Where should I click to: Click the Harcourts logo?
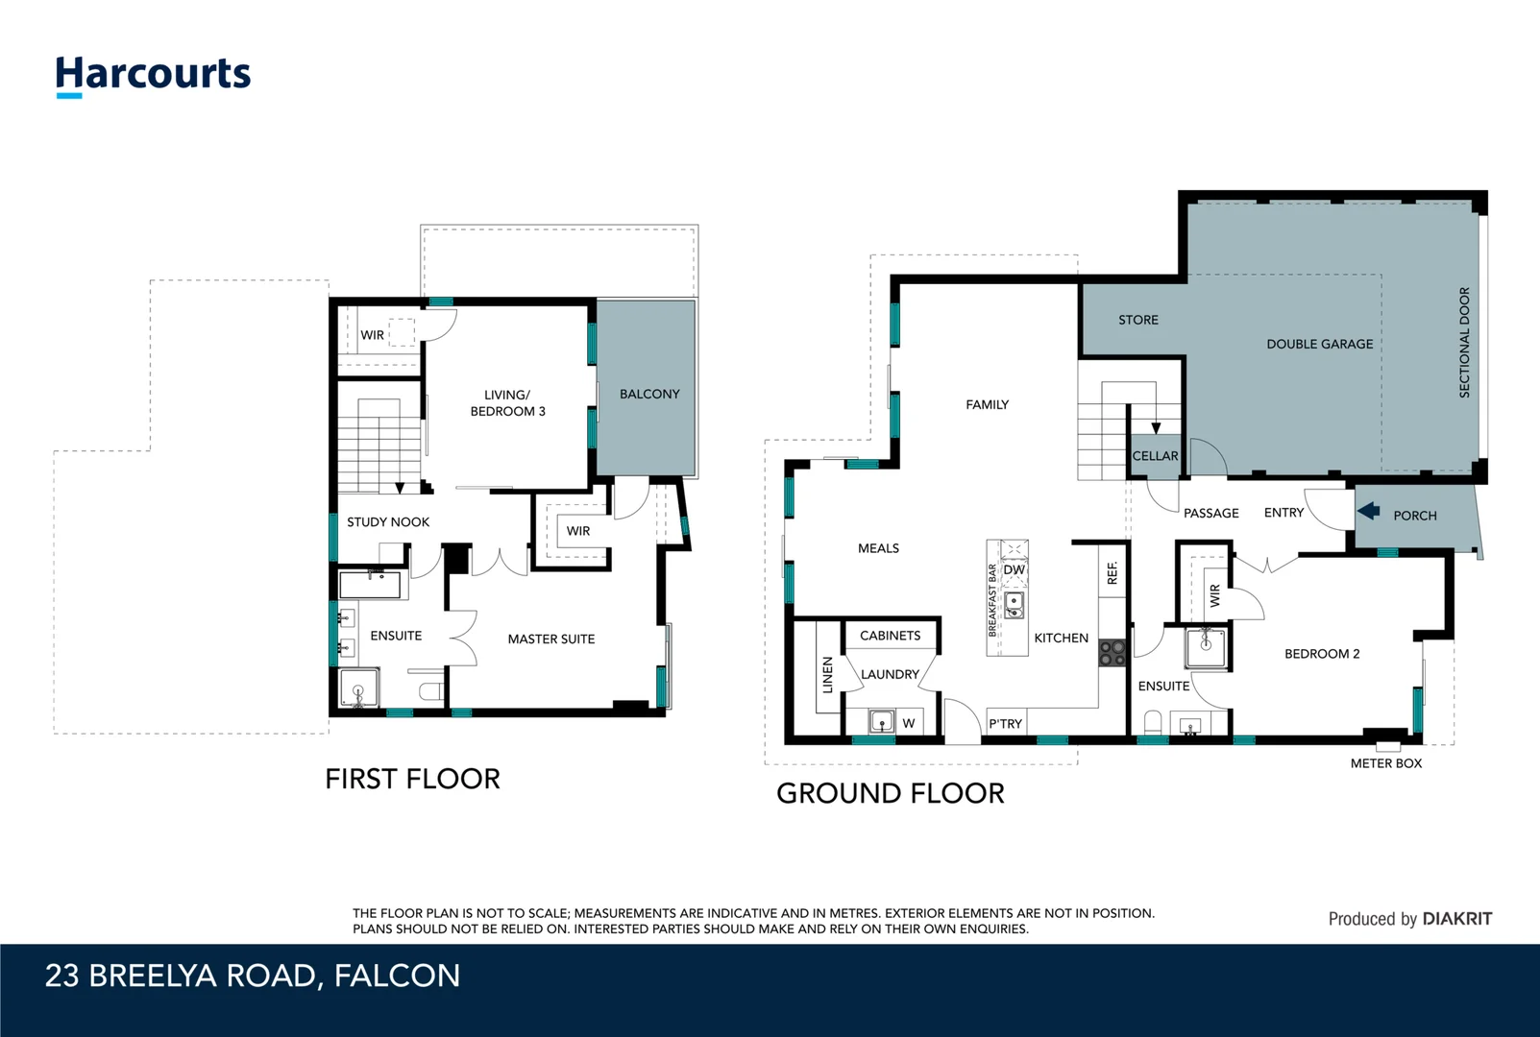pyautogui.click(x=153, y=75)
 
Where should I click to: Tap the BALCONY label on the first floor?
pyautogui.click(x=649, y=394)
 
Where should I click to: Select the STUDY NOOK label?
pyautogui.click(x=388, y=522)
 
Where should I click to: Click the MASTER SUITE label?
pyautogui.click(x=551, y=639)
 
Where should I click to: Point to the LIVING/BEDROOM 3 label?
pyautogui.click(x=507, y=403)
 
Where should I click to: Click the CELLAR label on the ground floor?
pyautogui.click(x=1155, y=456)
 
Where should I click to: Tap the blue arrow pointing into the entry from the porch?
pyautogui.click(x=1369, y=512)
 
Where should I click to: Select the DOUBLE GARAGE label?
pyautogui.click(x=1319, y=344)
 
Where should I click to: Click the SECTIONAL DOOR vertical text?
pyautogui.click(x=1464, y=342)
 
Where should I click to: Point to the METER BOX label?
pyautogui.click(x=1385, y=763)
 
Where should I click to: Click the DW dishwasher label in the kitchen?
pyautogui.click(x=1014, y=569)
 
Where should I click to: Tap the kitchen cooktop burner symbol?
pyautogui.click(x=1112, y=653)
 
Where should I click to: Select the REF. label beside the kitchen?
pyautogui.click(x=1112, y=573)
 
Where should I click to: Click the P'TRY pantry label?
pyautogui.click(x=1006, y=724)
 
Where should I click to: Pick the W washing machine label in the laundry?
pyautogui.click(x=908, y=723)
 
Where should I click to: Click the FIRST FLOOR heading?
pyautogui.click(x=412, y=779)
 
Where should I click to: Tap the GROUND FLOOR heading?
pyautogui.click(x=891, y=793)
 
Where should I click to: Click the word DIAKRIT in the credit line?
pyautogui.click(x=1456, y=919)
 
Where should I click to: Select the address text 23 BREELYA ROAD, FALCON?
pyautogui.click(x=253, y=977)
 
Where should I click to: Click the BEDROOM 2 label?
pyautogui.click(x=1322, y=654)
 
